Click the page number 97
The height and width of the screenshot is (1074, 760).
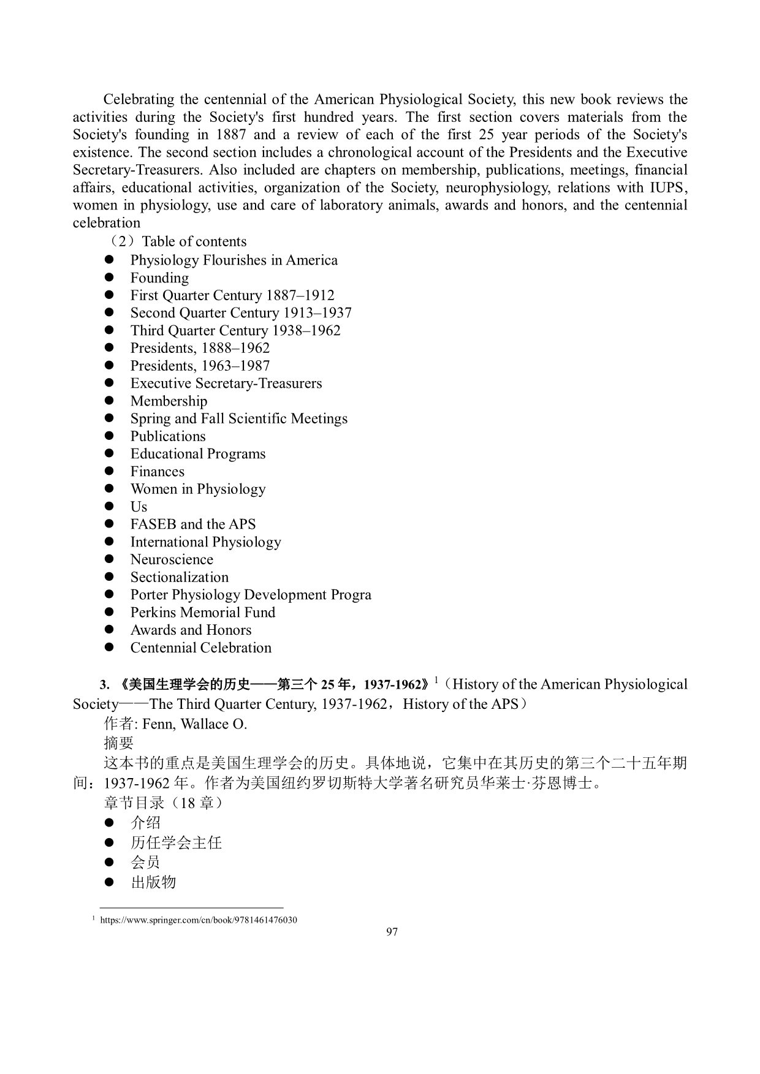(x=392, y=932)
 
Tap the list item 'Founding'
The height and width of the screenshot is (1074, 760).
(x=159, y=278)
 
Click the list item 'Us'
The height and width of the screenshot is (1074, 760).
(x=139, y=507)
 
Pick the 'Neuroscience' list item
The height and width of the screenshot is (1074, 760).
(x=172, y=559)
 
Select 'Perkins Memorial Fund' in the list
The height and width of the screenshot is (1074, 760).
(x=203, y=613)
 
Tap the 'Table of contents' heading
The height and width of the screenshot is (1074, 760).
(x=194, y=241)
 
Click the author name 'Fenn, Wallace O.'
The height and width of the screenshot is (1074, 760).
(x=194, y=724)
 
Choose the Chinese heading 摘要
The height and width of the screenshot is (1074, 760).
(x=119, y=743)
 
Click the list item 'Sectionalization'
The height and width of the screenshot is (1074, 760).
(x=179, y=577)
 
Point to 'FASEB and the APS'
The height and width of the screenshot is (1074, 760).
(x=193, y=524)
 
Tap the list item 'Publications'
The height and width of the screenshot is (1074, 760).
(x=168, y=436)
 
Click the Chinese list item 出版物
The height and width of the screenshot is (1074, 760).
(x=153, y=882)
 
